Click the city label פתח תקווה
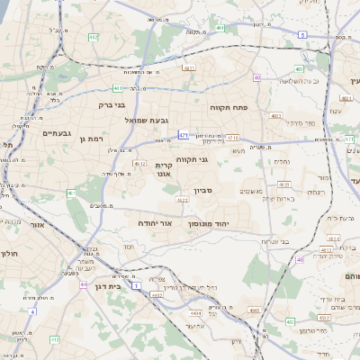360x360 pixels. pos(235,108)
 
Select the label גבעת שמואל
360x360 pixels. pos(141,120)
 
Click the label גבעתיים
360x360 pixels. pos(56,132)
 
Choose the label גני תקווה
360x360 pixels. pos(192,160)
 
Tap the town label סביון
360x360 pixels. pos(203,191)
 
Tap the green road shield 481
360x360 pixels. pos(119,88)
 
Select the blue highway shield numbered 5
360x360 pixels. pos(303,34)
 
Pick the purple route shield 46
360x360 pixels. pos(300,259)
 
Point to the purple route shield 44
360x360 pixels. pos(83,284)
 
